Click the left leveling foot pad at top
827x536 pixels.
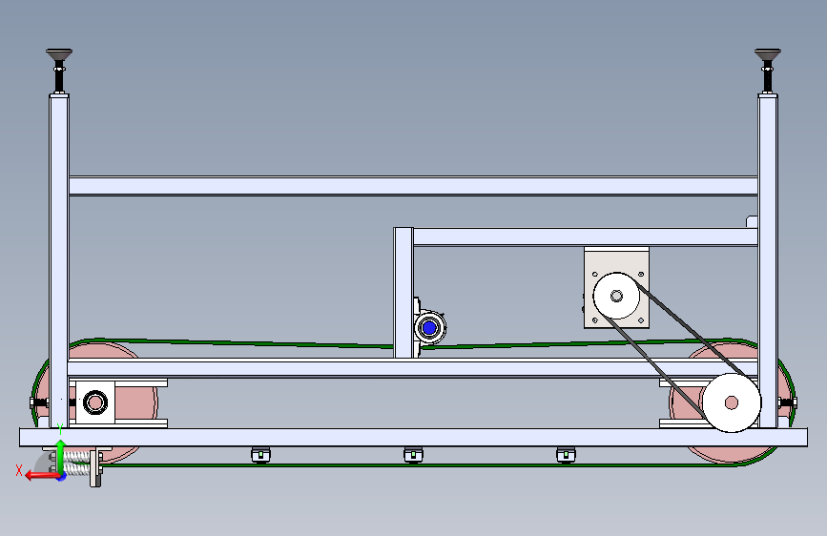59,54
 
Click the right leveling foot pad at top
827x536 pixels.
768,54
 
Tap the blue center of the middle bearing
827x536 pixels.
429,328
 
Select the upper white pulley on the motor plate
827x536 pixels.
616,296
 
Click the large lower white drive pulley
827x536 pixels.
731,402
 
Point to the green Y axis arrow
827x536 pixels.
61,456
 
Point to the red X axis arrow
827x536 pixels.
42,476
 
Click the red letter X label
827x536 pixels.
19,470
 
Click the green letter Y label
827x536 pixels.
60,429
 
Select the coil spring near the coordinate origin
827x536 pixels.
77,464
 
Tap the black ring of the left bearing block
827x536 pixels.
95,402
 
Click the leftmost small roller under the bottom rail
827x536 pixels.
260,454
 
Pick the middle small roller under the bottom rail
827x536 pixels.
413,454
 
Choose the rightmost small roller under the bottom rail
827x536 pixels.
566,454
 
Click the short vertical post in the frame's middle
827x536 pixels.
403,293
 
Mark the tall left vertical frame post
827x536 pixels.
59,261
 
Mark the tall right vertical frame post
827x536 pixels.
768,261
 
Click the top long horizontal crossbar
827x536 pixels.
414,186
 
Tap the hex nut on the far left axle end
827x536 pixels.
33,403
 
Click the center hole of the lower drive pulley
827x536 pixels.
731,402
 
